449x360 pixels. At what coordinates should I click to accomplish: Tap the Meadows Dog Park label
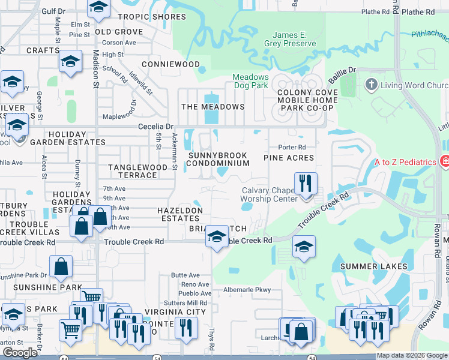(250, 82)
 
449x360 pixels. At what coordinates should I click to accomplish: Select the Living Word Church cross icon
(372, 85)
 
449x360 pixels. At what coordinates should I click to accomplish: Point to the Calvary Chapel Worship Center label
(269, 195)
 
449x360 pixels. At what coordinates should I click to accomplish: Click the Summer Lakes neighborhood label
(373, 266)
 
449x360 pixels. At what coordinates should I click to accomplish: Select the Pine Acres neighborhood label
(289, 157)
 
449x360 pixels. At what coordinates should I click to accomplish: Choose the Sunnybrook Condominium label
(217, 159)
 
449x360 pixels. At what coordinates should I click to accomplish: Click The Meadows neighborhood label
(213, 107)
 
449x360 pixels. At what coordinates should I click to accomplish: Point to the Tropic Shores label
(152, 17)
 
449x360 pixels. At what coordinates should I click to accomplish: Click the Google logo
(20, 353)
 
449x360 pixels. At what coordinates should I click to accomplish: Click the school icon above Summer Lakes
(304, 246)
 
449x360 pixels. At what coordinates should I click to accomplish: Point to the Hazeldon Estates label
(179, 215)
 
